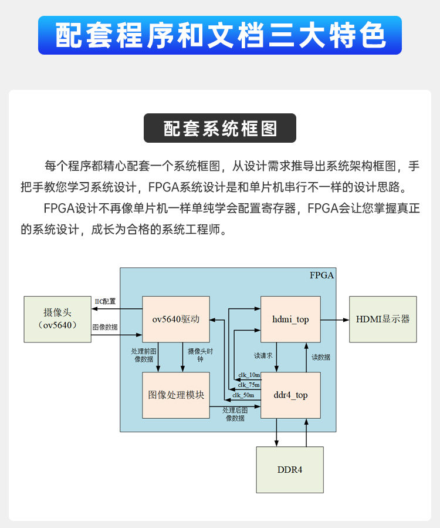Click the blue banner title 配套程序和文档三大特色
point(220,35)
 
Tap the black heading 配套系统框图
point(220,129)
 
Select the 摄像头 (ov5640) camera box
point(57,319)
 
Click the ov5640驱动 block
point(176,320)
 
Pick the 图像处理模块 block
point(176,395)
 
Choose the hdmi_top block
point(290,320)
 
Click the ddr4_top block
point(290,395)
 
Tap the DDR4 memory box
point(290,470)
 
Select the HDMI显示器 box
point(383,320)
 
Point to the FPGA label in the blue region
point(322,275)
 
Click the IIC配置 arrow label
point(106,301)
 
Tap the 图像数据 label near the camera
point(105,327)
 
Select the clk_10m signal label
point(249,375)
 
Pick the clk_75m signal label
point(249,385)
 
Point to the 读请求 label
point(263,356)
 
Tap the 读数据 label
point(321,357)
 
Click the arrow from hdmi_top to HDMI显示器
point(335,320)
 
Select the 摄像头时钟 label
point(198,355)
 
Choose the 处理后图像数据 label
point(234,413)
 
